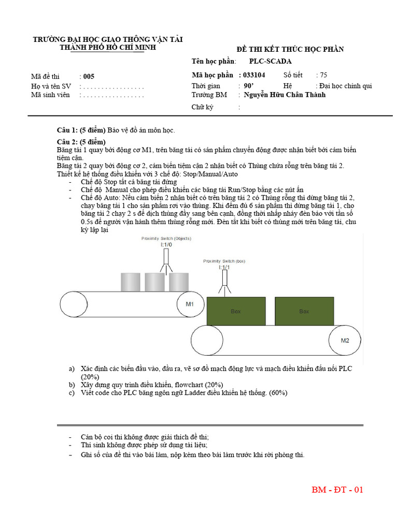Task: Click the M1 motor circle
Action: pyautogui.click(x=190, y=304)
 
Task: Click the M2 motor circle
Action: pyautogui.click(x=345, y=341)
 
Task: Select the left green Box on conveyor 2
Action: pyautogui.click(x=236, y=312)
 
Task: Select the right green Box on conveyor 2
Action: pyautogui.click(x=304, y=312)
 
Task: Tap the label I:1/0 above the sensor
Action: pyautogui.click(x=166, y=244)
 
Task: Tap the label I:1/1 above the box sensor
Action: pyautogui.click(x=224, y=268)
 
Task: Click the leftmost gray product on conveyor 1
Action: pyautogui.click(x=130, y=282)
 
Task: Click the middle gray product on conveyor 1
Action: pyautogui.click(x=154, y=282)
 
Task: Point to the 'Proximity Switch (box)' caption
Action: pyautogui.click(x=224, y=261)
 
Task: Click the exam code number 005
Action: pyautogui.click(x=89, y=76)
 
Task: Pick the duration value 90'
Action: pyautogui.click(x=248, y=85)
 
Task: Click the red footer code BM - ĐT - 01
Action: pyautogui.click(x=337, y=490)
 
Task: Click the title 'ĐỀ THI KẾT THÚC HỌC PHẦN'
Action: pyautogui.click(x=290, y=49)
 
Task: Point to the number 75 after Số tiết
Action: pyautogui.click(x=324, y=75)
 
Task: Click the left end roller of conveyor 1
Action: pyautogui.click(x=72, y=304)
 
